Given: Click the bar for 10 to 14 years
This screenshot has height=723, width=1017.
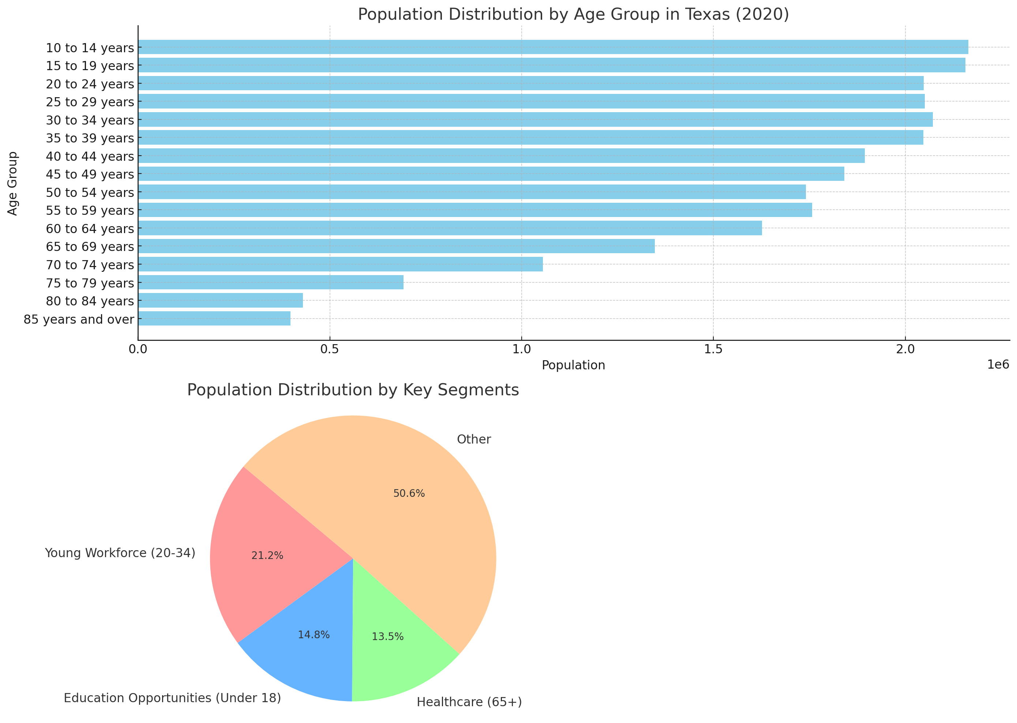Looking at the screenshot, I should (x=553, y=47).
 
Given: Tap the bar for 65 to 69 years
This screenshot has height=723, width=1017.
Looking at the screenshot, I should (x=396, y=246).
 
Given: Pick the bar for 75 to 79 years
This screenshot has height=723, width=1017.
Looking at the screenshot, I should (x=270, y=282).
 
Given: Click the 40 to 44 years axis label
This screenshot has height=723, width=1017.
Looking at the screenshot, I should (x=90, y=156).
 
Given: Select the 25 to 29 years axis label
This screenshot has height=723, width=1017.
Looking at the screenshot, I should (x=90, y=102).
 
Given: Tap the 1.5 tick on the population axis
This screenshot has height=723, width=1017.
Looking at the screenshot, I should (x=713, y=349).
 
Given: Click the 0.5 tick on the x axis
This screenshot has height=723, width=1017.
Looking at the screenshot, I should (x=329, y=349).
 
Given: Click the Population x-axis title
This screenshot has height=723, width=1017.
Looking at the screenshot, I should (x=573, y=365).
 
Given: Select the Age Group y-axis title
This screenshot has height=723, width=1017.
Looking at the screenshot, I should (x=12, y=183).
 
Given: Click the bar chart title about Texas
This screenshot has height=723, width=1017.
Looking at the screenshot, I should (x=573, y=14).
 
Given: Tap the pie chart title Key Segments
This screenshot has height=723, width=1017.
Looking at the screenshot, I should (x=353, y=390).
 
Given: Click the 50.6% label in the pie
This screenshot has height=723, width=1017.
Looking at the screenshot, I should (x=409, y=493).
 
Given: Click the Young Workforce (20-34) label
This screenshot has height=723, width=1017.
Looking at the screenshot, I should (x=120, y=553).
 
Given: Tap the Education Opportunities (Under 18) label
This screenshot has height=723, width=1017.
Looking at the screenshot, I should (x=172, y=698).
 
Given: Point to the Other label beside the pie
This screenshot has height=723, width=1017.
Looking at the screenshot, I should (x=473, y=439).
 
